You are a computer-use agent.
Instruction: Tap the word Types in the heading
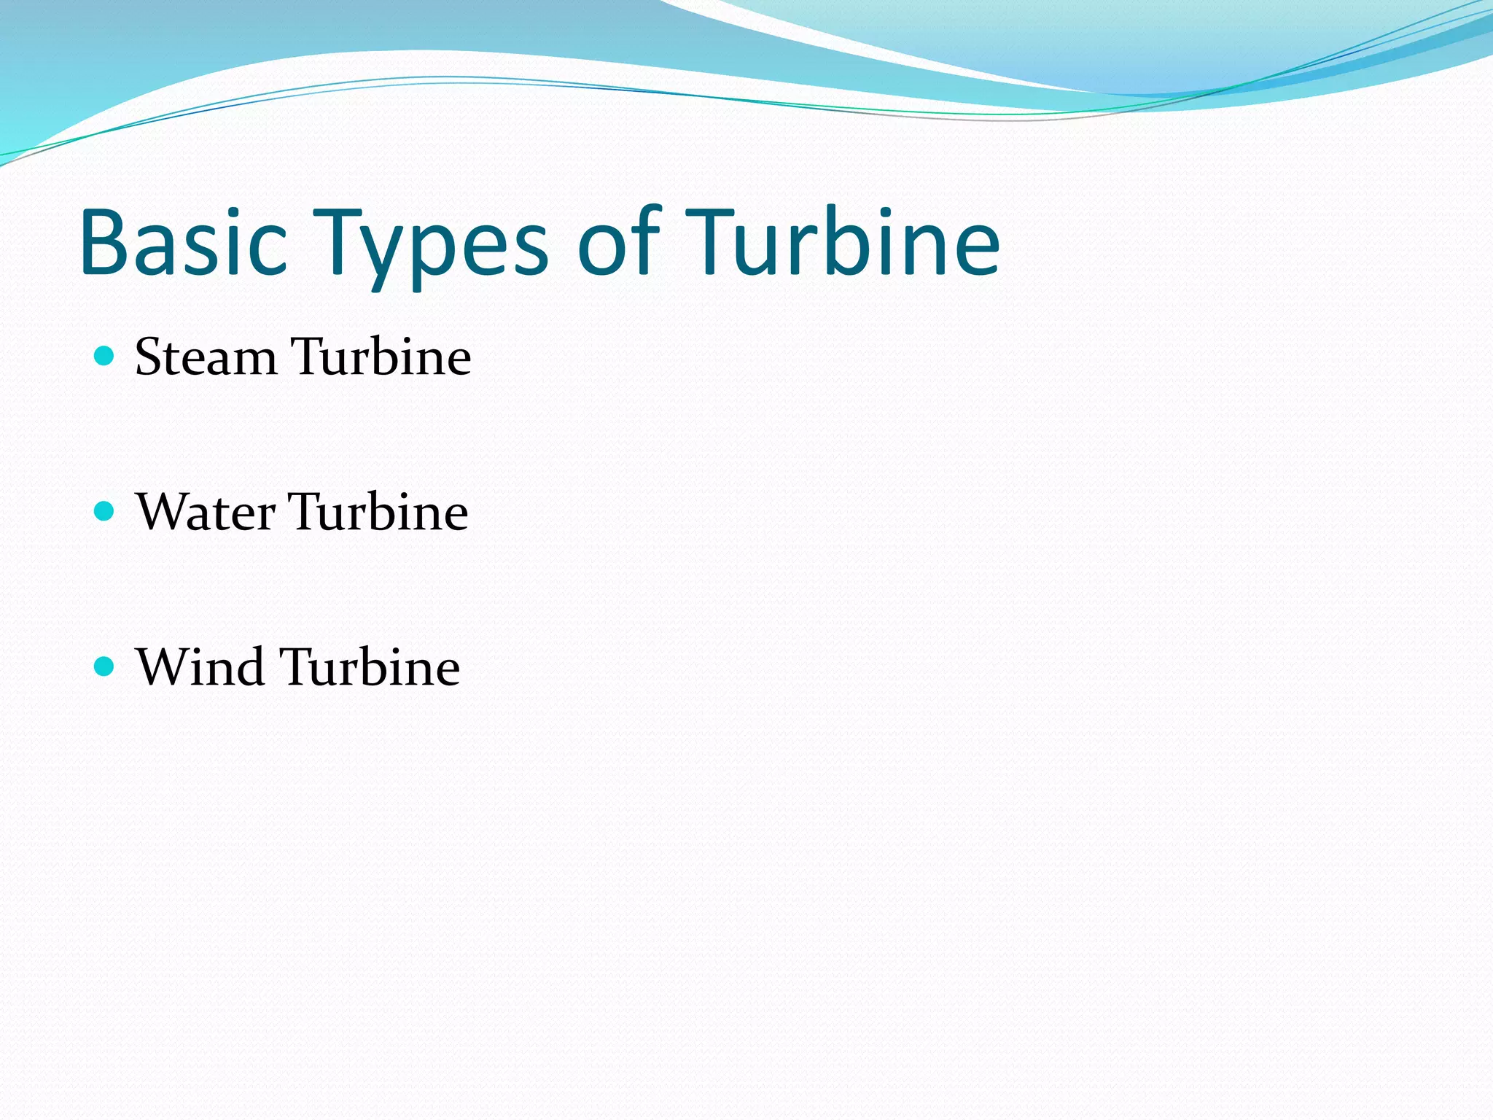430,244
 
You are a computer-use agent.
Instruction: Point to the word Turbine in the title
842,242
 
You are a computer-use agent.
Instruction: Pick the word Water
206,512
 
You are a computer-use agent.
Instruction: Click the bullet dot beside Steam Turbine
105,356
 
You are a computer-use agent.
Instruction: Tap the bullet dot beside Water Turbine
105,511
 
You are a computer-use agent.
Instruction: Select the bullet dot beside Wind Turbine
105,666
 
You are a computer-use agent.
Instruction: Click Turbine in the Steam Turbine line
381,357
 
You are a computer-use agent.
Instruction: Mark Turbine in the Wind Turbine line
370,667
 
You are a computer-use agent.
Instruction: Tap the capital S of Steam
149,357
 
